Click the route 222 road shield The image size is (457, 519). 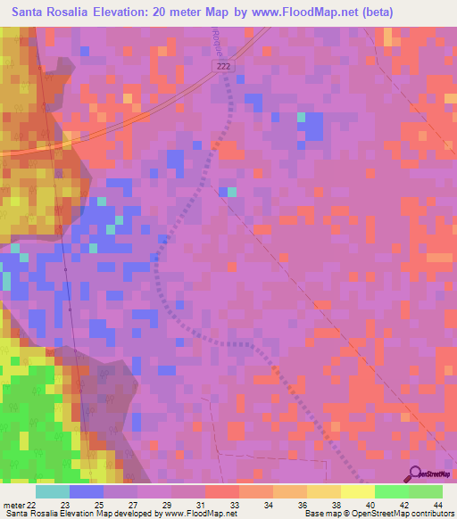223,67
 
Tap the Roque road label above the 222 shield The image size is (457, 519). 218,41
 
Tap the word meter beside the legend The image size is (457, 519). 12,503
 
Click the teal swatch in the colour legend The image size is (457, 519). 53,491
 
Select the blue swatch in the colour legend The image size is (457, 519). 87,491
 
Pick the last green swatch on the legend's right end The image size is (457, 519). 426,491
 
